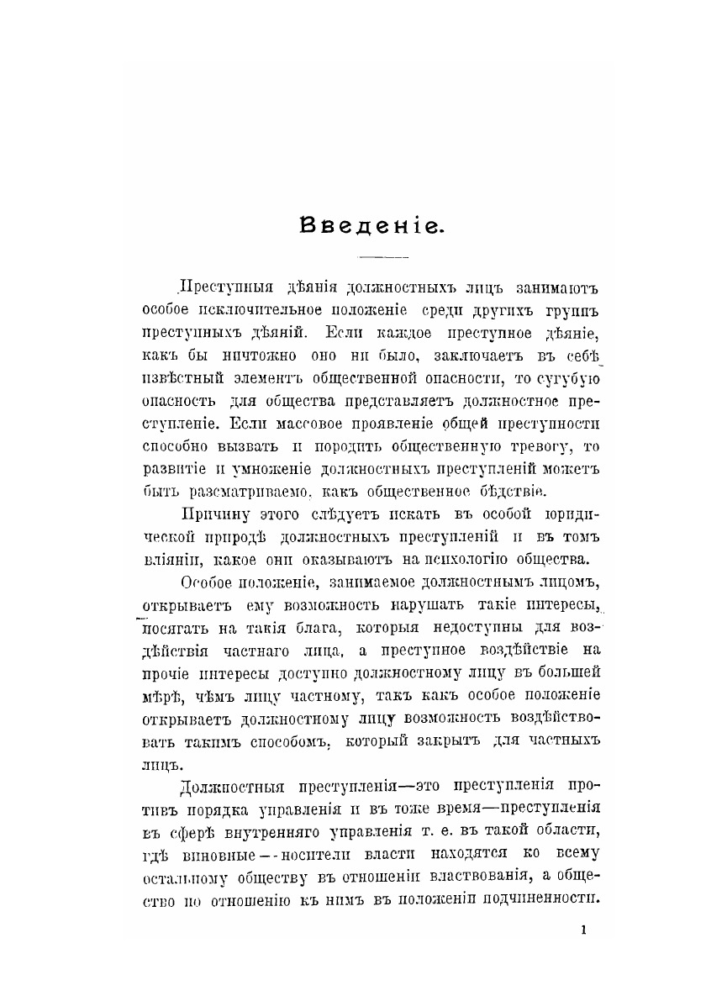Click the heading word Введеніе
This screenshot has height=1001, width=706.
tap(370, 224)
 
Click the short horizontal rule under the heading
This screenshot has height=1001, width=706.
tap(382, 256)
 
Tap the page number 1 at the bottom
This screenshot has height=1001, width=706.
tap(583, 930)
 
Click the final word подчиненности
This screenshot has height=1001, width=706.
tap(545, 898)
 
